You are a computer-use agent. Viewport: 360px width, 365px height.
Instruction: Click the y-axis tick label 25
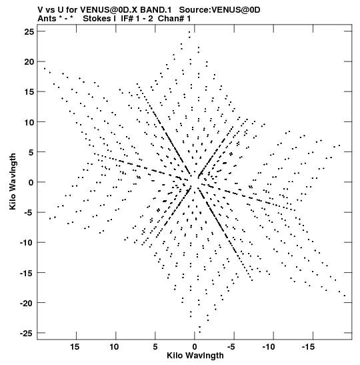pyautogui.click(x=29, y=31)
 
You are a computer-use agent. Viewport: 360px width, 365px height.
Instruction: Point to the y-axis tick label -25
pyautogui.click(x=27, y=334)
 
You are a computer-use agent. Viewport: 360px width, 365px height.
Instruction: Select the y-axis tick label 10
pyautogui.click(x=29, y=122)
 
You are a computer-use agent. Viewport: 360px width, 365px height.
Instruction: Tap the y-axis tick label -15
pyautogui.click(x=27, y=273)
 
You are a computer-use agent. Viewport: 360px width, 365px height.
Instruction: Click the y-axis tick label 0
pyautogui.click(x=31, y=183)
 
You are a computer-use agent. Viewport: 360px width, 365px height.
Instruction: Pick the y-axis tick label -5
pyautogui.click(x=29, y=213)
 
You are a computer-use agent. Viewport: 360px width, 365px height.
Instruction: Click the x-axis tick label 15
pyautogui.click(x=75, y=347)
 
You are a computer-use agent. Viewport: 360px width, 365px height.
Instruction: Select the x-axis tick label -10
pyautogui.click(x=269, y=347)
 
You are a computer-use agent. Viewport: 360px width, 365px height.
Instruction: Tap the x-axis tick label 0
pyautogui.click(x=195, y=347)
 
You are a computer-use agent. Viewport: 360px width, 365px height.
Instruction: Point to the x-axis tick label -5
pyautogui.click(x=231, y=347)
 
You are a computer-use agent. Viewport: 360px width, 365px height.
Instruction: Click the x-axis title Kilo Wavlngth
pyautogui.click(x=195, y=356)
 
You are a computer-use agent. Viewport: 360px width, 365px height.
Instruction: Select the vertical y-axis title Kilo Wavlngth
pyautogui.click(x=13, y=181)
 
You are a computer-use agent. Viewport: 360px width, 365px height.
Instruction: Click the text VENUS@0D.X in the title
pyautogui.click(x=109, y=10)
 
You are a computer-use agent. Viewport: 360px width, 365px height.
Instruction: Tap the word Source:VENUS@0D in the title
pyautogui.click(x=220, y=10)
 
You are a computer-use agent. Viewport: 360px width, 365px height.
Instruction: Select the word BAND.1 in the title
pyautogui.click(x=156, y=10)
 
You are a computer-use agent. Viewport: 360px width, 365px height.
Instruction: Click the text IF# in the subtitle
pyautogui.click(x=127, y=19)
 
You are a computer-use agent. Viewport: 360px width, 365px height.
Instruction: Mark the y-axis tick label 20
pyautogui.click(x=29, y=61)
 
